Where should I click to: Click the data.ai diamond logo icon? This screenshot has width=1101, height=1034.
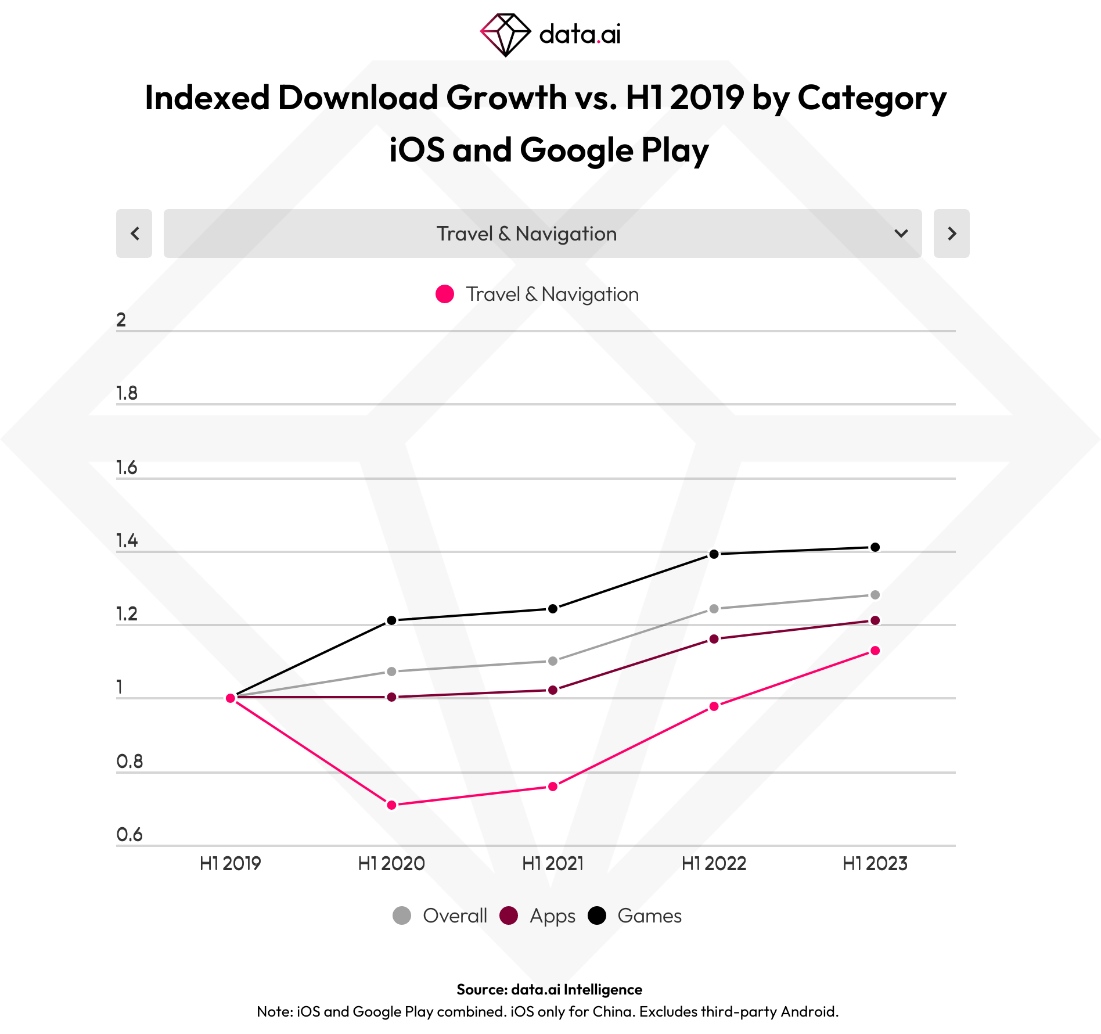click(x=505, y=35)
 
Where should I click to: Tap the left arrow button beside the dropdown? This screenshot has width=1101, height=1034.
click(x=134, y=234)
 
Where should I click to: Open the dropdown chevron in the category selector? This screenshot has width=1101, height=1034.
click(x=901, y=234)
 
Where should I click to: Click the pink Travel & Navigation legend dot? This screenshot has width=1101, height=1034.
click(x=445, y=294)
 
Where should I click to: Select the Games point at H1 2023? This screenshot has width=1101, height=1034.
click(x=875, y=547)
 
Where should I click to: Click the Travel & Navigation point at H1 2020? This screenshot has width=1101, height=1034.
click(x=391, y=805)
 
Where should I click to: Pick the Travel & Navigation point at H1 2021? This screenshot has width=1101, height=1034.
click(x=553, y=787)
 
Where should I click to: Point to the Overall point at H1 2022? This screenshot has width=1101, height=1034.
click(x=714, y=609)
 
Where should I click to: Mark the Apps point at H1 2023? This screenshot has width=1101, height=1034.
click(x=875, y=620)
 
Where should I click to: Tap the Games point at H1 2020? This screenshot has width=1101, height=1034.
click(x=391, y=620)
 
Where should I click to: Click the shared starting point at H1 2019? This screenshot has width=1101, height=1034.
click(x=231, y=698)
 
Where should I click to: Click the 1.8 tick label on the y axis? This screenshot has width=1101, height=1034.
click(x=127, y=394)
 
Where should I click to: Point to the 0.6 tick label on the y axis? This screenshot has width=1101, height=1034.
click(x=129, y=835)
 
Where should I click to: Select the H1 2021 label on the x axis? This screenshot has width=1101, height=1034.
click(x=553, y=864)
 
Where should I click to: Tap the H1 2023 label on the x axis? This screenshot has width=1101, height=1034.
click(x=875, y=864)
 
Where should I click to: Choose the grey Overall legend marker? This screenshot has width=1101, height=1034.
click(x=402, y=915)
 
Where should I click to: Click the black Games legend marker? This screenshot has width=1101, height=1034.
click(x=597, y=915)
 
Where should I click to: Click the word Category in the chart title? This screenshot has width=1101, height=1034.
click(x=872, y=98)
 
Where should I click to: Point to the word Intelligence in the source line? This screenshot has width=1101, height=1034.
click(x=603, y=989)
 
